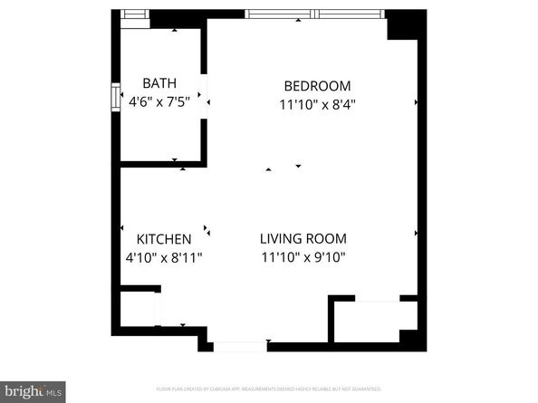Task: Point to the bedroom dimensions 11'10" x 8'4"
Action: pyautogui.click(x=317, y=104)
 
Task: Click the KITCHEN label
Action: pyautogui.click(x=163, y=239)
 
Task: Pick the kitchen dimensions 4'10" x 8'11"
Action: pyautogui.click(x=163, y=257)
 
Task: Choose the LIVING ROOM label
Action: pyautogui.click(x=303, y=239)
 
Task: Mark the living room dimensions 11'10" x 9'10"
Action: pyautogui.click(x=303, y=257)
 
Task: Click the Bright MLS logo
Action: pyautogui.click(x=33, y=391)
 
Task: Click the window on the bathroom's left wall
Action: pyautogui.click(x=116, y=97)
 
